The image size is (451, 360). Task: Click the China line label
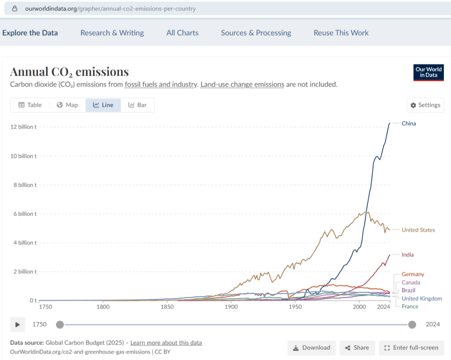click(x=409, y=123)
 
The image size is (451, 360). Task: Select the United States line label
click(x=418, y=230)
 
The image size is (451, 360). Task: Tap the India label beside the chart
click(x=407, y=254)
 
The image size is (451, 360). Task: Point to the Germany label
click(x=413, y=274)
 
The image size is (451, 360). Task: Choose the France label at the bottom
click(x=410, y=306)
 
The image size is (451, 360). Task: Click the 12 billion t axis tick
click(x=23, y=127)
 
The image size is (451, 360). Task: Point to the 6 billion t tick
click(x=25, y=214)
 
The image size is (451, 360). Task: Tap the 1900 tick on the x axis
click(x=231, y=306)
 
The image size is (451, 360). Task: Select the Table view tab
click(x=30, y=105)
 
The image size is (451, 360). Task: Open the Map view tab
click(x=67, y=105)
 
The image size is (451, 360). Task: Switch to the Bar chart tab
click(x=137, y=105)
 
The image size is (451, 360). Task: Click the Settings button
click(x=425, y=105)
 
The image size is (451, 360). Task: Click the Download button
click(x=311, y=348)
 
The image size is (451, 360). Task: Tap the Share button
click(x=357, y=348)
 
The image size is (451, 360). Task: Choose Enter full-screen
click(x=411, y=348)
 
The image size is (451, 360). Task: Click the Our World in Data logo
click(x=428, y=72)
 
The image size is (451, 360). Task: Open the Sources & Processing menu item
click(x=256, y=33)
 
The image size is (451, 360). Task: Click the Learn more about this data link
click(x=166, y=342)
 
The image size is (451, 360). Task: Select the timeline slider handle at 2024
click(x=412, y=325)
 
